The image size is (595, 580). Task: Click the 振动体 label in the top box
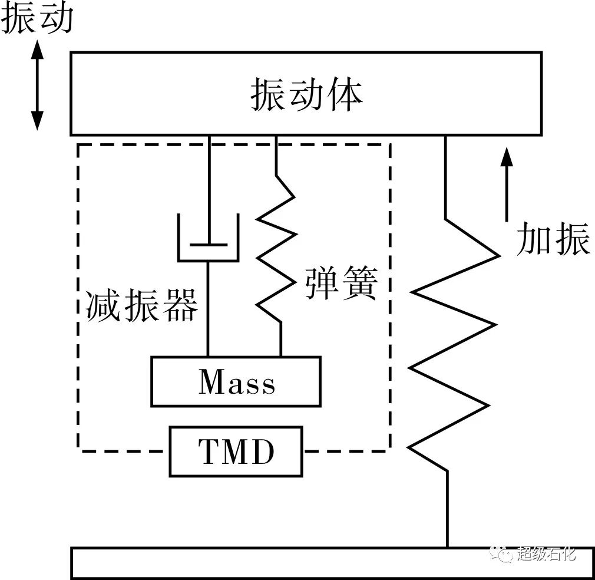coord(306,94)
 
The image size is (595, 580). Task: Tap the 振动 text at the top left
coord(37,19)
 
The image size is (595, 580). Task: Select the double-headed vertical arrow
coord(37,86)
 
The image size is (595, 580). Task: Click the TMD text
coord(236,453)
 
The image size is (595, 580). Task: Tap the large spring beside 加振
coord(451,342)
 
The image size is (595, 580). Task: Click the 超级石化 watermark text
coord(546,554)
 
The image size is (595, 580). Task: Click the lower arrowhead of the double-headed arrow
coord(37,121)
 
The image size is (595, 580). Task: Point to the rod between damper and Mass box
coord(208,307)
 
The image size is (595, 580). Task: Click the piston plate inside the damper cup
coord(208,243)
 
